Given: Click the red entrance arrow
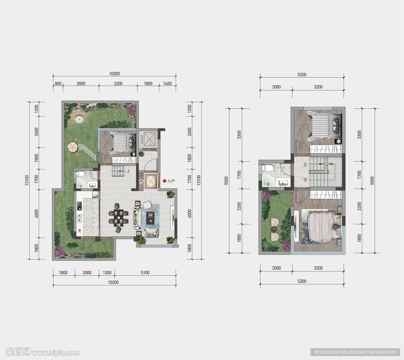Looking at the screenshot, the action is tap(164, 181).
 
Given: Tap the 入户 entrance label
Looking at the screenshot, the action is tap(171, 181).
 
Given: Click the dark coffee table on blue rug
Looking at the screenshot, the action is tap(150, 218).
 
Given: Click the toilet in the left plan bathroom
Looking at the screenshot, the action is tap(80, 173).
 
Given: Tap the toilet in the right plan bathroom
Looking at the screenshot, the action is tap(268, 168).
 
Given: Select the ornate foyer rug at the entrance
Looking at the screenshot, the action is tap(150, 181).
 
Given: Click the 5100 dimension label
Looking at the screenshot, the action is tap(145, 273).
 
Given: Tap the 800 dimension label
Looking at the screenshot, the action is tap(58, 84).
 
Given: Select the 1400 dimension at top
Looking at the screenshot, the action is tap(167, 84).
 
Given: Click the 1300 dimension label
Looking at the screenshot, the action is tap(107, 273).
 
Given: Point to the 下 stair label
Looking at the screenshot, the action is tap(305, 180).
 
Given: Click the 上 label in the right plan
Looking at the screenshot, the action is tap(305, 164).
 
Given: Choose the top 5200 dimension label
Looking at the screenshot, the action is tap(302, 75).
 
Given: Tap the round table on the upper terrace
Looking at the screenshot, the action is tap(273, 230).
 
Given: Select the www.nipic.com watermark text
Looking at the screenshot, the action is tap(55, 353).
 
